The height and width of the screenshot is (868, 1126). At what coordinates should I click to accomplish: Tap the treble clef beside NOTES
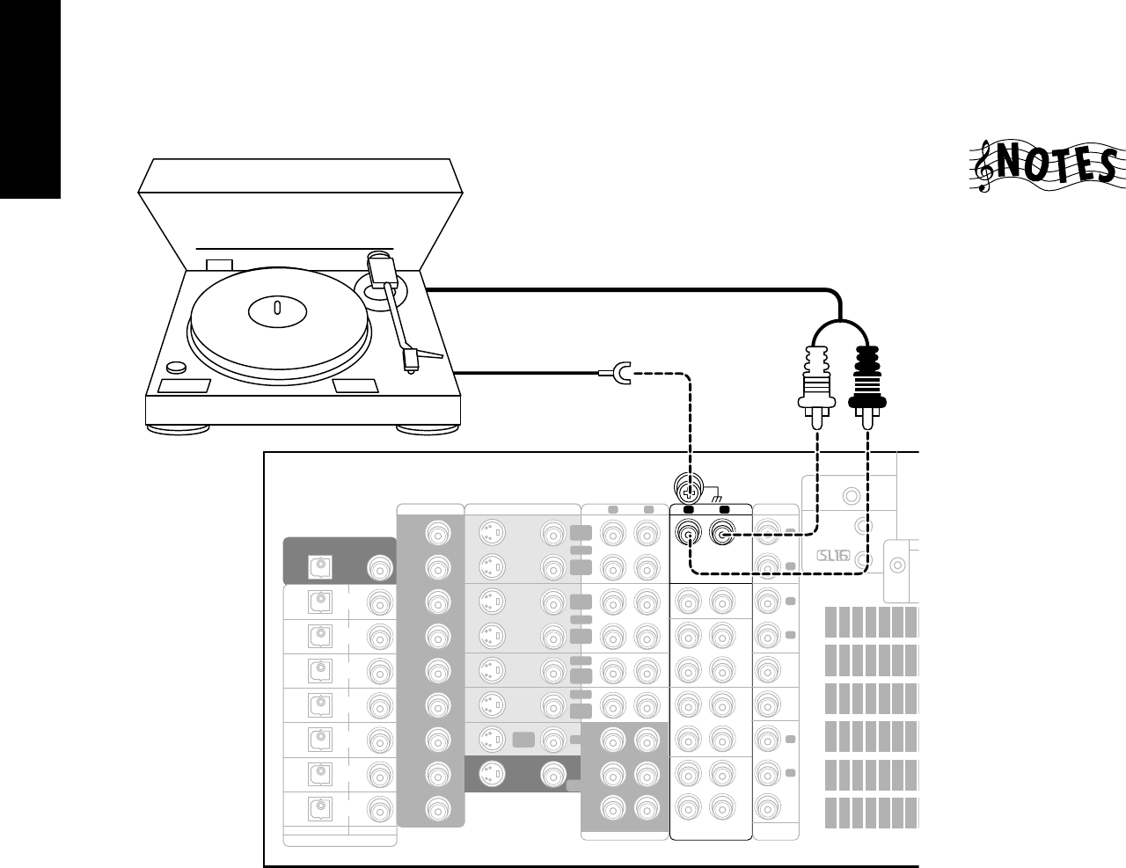986,168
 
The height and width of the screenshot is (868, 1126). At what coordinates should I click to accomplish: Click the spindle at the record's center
277,309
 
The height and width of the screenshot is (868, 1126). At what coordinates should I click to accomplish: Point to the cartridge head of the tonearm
410,360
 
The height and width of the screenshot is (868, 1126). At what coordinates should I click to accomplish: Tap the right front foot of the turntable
427,429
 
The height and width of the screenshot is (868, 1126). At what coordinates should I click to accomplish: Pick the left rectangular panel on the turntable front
184,386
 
